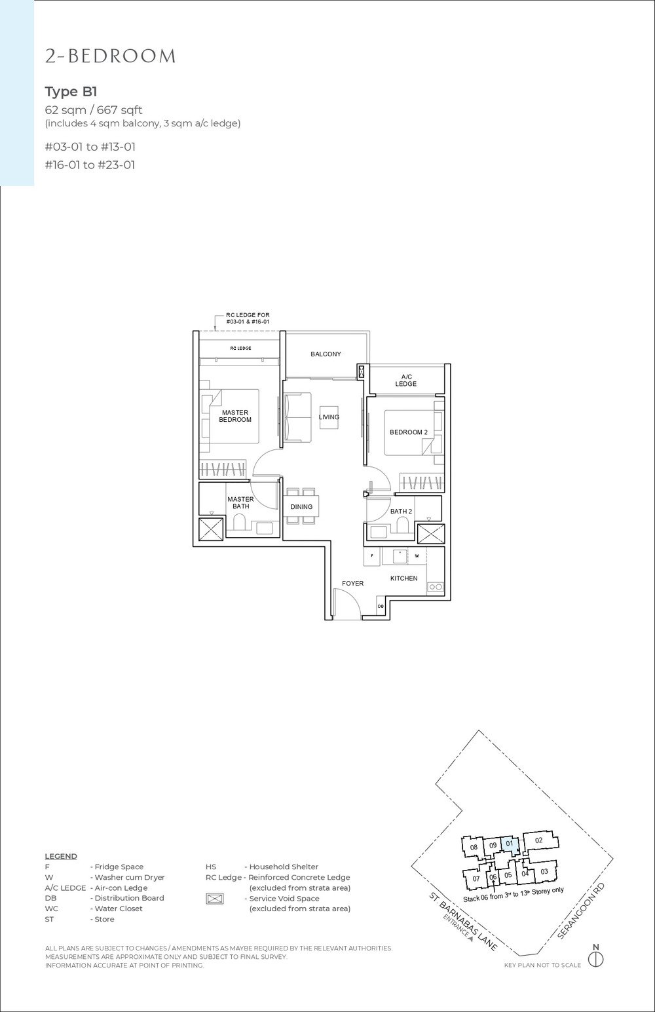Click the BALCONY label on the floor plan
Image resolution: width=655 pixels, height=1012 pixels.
pos(326,354)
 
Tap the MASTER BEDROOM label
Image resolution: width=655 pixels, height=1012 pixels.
pos(235,416)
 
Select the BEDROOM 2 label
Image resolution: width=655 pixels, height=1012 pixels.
pos(408,432)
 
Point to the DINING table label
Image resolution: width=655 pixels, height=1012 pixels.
pos(301,506)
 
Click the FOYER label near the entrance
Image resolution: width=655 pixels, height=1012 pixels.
pos(352,583)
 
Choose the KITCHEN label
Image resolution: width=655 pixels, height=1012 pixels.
pos(403,578)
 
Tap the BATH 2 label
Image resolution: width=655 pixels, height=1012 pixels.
pos(401,511)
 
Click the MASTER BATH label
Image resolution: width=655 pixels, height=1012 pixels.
pos(240,502)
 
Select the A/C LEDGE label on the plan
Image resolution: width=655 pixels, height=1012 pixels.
pos(405,380)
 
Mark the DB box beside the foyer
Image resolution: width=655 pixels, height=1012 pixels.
pos(381,607)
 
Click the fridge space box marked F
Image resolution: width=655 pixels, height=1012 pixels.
pos(372,555)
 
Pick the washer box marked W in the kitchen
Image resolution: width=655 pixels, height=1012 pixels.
pos(417,555)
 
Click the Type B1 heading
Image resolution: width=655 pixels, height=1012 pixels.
pos(71,91)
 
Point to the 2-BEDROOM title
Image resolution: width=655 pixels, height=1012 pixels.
pos(110,57)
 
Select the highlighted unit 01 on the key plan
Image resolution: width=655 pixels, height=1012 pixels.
pos(510,845)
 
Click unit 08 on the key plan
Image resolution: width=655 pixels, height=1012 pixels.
pos(473,849)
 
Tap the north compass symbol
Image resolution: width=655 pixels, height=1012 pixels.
pos(595,960)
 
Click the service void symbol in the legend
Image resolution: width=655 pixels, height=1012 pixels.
pos(215,899)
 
